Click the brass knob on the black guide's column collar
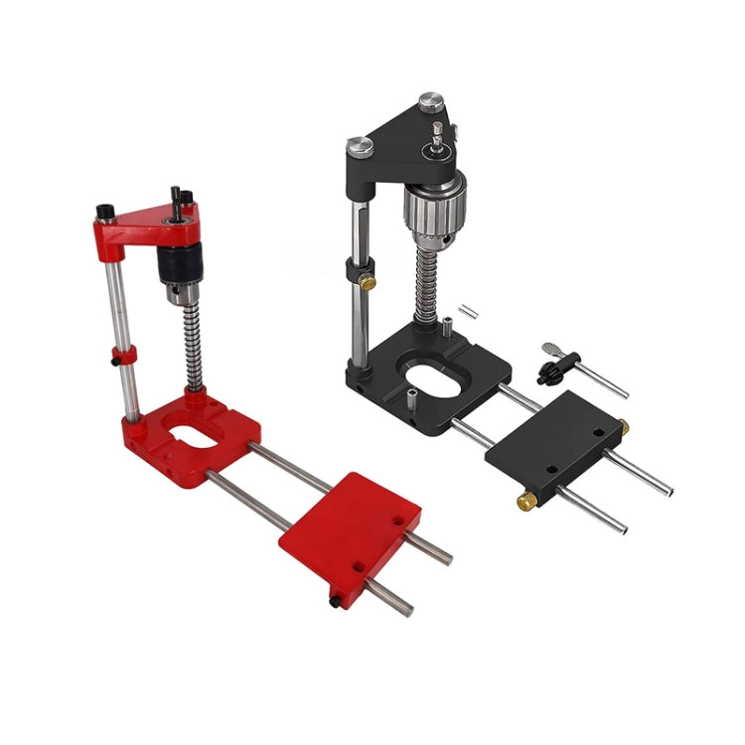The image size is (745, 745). tap(368, 283)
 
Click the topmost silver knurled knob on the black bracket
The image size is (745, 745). tap(429, 101)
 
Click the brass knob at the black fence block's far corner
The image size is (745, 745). tap(623, 427)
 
